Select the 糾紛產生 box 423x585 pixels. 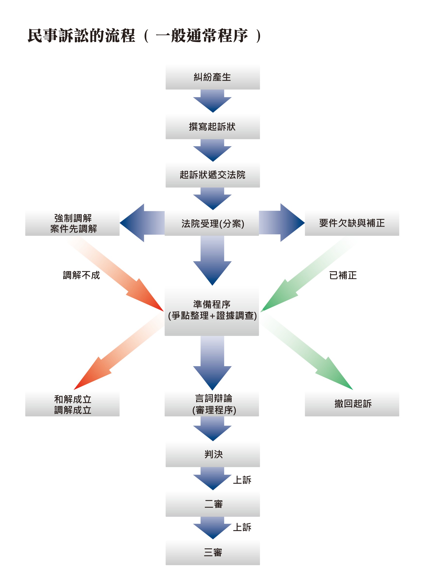pos(212,77)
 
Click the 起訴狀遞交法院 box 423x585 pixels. pos(212,175)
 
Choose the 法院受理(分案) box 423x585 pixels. pos(212,223)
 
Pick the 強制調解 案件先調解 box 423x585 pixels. pos(72,223)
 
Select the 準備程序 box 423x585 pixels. pos(212,311)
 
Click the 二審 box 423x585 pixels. pos(212,504)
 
